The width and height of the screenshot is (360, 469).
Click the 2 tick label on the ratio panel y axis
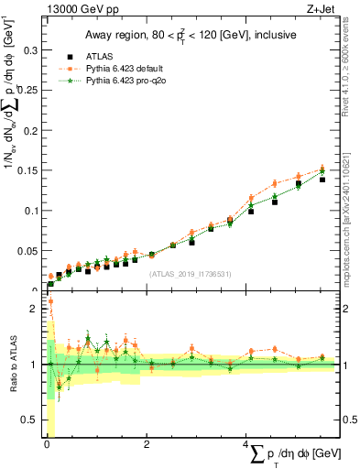pyautogui.click(x=32, y=309)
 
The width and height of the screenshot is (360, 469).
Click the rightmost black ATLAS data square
pyautogui.click(x=322, y=180)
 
